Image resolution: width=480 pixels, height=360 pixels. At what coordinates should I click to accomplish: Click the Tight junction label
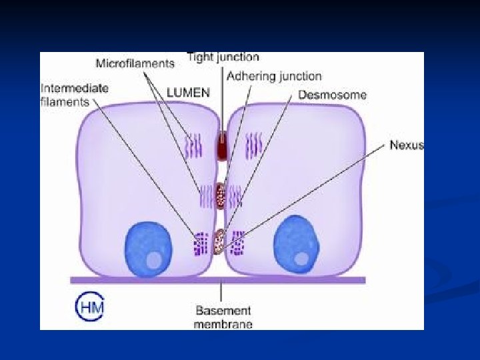(223, 57)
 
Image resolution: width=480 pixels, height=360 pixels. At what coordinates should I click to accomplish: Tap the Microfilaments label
(135, 64)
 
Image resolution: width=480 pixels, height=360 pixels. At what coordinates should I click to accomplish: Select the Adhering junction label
(274, 77)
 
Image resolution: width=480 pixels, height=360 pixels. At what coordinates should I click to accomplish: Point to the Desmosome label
(332, 95)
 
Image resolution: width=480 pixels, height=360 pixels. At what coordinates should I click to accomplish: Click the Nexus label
(406, 145)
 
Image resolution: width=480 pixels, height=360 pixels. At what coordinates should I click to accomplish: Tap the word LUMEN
(188, 93)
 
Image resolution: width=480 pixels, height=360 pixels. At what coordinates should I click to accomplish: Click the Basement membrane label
(223, 317)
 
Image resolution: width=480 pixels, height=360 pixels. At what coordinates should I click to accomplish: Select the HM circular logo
(89, 308)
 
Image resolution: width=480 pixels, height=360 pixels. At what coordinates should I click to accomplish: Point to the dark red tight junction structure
(221, 145)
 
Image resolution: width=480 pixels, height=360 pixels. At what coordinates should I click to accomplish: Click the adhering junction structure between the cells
(221, 195)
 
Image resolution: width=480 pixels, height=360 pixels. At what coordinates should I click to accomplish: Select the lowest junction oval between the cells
(220, 241)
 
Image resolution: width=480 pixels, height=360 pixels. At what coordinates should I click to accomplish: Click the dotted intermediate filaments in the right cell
(237, 244)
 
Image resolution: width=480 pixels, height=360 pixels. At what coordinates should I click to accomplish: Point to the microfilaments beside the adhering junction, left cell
(205, 195)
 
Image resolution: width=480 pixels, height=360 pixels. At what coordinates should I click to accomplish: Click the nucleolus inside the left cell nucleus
(154, 259)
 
